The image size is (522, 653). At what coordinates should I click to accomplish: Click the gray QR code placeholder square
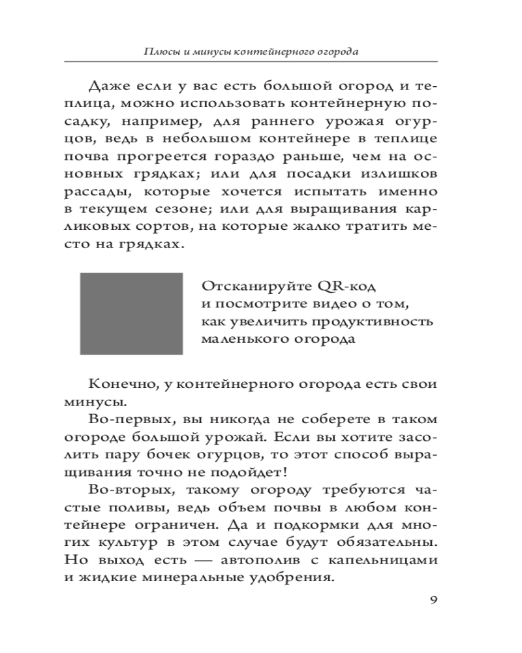[131, 314]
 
